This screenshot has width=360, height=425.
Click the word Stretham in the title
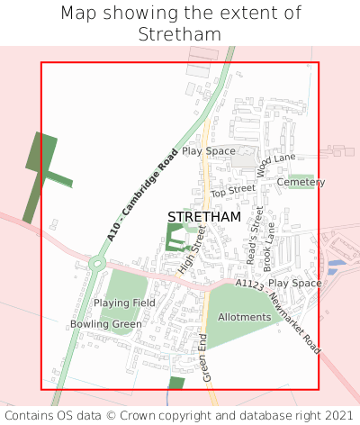180,34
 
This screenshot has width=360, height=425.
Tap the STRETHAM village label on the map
204,217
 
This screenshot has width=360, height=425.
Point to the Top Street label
233,192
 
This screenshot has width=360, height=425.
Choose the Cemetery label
301,182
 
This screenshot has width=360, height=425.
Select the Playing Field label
130,303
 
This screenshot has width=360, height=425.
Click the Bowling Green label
106,324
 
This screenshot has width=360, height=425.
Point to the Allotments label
244,317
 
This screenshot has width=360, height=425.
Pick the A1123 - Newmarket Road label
278,314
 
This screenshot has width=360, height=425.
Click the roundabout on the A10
96,264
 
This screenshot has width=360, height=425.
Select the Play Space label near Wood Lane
208,151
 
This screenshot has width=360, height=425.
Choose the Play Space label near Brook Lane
294,283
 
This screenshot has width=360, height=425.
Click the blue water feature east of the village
334,266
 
